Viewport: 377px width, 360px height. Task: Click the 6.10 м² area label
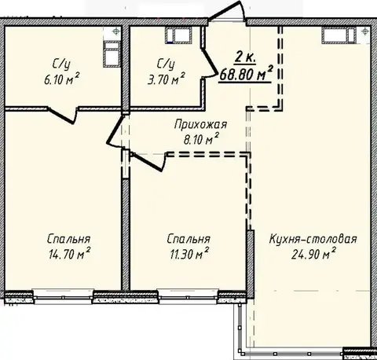[x=61, y=79]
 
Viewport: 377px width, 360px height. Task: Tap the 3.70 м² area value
[x=167, y=79]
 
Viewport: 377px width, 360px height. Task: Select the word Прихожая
[x=200, y=125]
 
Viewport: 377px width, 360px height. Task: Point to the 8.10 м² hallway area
[x=201, y=139]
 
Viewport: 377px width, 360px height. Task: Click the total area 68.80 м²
[x=246, y=75]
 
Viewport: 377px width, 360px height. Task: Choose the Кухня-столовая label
[x=313, y=239]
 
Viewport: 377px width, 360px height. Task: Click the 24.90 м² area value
[x=313, y=254]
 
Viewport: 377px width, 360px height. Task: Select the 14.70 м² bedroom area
[x=69, y=254]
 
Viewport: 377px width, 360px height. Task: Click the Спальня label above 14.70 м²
[x=69, y=239]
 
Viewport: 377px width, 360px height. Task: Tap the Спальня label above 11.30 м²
[x=188, y=239]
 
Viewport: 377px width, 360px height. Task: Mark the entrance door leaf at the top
[x=225, y=10]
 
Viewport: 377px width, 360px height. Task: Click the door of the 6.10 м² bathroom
[x=62, y=116]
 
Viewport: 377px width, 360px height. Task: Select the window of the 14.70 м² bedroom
[x=63, y=297]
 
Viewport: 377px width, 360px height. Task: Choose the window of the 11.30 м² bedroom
[x=188, y=297]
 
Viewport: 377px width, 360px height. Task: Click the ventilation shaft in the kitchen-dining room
[x=339, y=35]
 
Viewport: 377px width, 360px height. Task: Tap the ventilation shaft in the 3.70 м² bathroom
[x=178, y=35]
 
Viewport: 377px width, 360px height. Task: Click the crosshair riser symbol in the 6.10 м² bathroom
[x=115, y=31]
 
